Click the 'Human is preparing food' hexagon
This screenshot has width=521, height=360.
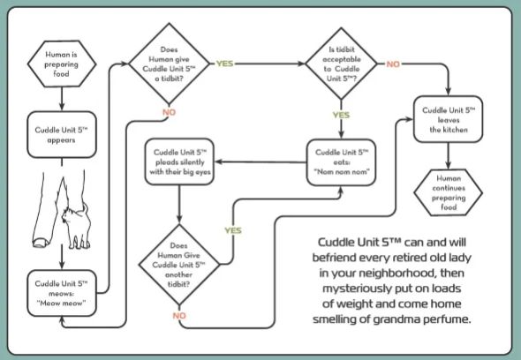tap(62, 64)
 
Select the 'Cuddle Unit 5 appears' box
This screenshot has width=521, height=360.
tap(62, 134)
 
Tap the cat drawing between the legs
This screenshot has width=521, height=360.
tap(77, 226)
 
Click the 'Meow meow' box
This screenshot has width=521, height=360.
tap(62, 293)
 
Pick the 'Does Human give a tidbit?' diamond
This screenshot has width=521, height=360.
tap(170, 64)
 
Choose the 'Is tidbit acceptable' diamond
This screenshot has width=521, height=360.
tap(341, 64)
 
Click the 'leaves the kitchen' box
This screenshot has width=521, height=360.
tap(448, 119)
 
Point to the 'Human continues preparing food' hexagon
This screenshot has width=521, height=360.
tap(448, 192)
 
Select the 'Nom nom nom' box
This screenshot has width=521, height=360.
tap(341, 162)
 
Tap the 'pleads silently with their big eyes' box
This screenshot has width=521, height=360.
tap(179, 161)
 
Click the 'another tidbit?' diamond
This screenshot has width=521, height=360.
tap(179, 265)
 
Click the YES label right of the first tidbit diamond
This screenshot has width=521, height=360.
tap(224, 64)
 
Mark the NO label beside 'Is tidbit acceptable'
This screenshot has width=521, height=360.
tap(393, 64)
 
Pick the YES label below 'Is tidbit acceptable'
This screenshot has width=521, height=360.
tap(341, 115)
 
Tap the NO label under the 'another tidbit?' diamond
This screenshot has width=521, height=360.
tap(179, 316)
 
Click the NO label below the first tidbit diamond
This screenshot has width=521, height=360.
tap(170, 112)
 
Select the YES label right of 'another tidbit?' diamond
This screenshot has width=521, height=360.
tap(233, 230)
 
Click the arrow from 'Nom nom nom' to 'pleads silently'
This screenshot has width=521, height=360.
tap(260, 162)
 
